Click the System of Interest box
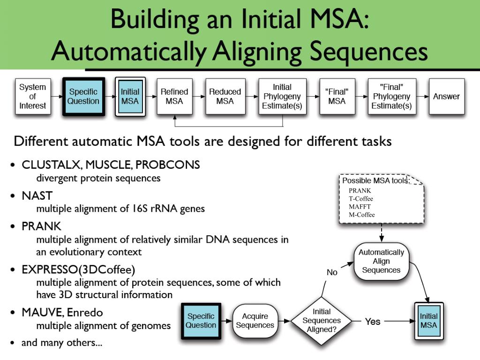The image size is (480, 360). [x=33, y=97]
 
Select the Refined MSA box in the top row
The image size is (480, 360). [x=174, y=97]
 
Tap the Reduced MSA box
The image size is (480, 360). [x=225, y=97]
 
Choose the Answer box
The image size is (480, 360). [x=447, y=97]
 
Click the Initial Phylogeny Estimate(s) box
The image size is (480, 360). [x=282, y=97]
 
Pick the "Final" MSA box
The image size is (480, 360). [x=337, y=97]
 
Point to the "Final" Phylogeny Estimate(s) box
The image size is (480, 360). [x=392, y=97]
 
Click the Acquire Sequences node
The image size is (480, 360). [x=255, y=321]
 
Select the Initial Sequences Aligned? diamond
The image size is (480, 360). [x=322, y=321]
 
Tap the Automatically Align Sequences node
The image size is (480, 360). [x=382, y=262]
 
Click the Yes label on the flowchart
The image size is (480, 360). [x=373, y=322]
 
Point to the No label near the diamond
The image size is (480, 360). [x=332, y=272]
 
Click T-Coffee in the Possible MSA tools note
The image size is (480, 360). [x=361, y=199]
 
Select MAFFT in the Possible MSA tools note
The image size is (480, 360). [x=360, y=207]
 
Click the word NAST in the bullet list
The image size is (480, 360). [x=37, y=195]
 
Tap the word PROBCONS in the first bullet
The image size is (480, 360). [x=168, y=165]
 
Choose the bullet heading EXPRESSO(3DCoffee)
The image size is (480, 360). [x=78, y=270]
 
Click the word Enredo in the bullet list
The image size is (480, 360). [x=85, y=313]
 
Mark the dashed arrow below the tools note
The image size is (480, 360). [x=382, y=232]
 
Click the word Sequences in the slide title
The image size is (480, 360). [x=368, y=52]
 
